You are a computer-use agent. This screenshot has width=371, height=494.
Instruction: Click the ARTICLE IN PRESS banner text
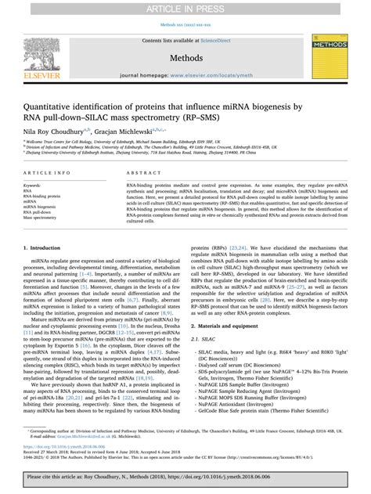[185, 7]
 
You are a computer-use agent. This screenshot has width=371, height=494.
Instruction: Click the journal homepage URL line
[185, 77]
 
